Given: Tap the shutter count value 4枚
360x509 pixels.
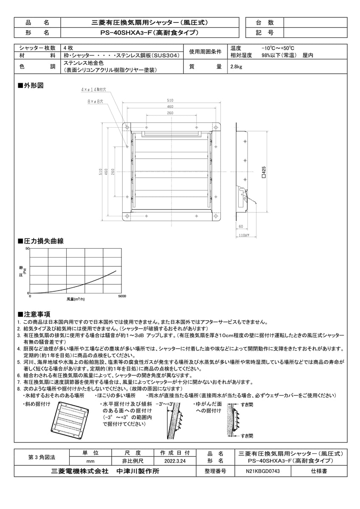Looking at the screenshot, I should pos(68,48).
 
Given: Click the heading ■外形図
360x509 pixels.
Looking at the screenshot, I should pos(31,85).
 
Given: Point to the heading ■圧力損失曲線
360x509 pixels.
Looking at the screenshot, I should pos(40,241).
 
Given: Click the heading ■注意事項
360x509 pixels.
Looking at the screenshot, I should pos(34,314).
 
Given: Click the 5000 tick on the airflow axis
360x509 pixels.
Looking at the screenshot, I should pos(122,296).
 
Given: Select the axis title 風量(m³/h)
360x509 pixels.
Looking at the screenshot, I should pos(76,299).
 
